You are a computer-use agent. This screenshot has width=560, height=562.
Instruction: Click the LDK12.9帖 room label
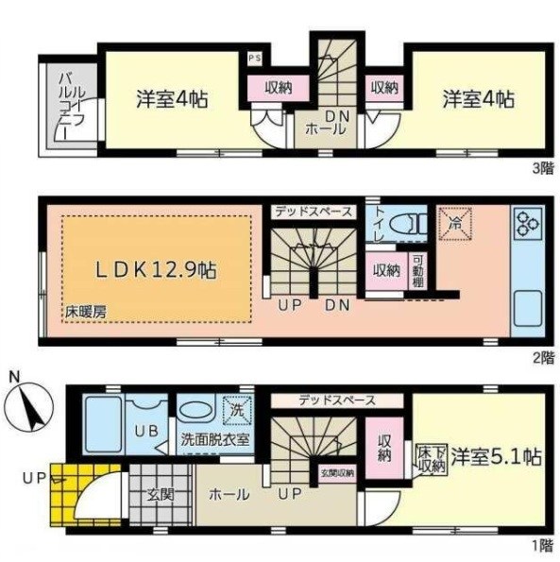coord(157,269)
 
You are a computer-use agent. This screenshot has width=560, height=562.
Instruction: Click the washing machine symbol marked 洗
coord(233,411)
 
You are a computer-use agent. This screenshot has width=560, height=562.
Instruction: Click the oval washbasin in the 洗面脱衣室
coord(195,413)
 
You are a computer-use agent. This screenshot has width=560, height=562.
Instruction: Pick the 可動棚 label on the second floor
coord(418,270)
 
